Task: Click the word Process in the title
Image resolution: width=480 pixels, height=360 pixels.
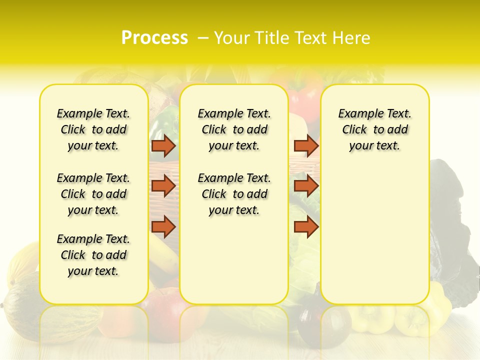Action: (154, 38)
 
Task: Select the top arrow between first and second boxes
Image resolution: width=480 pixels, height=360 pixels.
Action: (163, 145)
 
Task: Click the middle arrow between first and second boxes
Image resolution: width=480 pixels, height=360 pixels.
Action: (163, 186)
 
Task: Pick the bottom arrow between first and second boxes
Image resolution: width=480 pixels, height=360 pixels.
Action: (163, 226)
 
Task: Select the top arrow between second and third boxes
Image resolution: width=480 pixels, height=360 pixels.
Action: (306, 145)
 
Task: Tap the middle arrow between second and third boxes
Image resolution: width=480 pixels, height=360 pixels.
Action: (306, 186)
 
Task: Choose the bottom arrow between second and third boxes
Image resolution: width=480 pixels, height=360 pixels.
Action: (306, 226)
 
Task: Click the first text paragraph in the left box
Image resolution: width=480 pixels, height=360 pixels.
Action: (93, 129)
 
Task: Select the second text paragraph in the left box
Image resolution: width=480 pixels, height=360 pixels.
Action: (93, 194)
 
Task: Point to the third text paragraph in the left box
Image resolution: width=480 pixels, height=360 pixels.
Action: (93, 255)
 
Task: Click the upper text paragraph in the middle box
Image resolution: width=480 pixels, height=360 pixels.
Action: (234, 129)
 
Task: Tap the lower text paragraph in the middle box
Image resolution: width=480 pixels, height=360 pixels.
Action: (234, 194)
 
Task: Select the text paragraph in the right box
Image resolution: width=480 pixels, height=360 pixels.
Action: (374, 129)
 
